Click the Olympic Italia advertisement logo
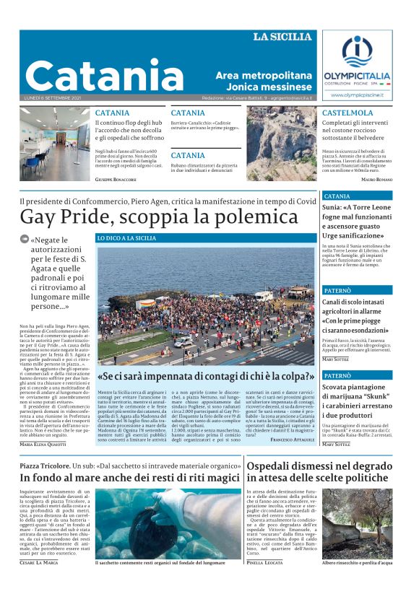click(357, 66)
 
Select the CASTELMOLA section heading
click(347, 113)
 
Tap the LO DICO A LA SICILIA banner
click(127, 238)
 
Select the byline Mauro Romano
click(376, 178)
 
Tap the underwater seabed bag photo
click(168, 523)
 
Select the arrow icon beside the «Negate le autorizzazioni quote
click(25, 240)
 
